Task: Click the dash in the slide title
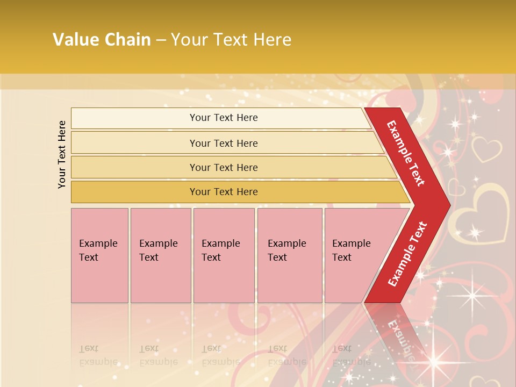tap(161, 40)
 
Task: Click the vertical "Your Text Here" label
tap(62, 154)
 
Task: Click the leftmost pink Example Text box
tap(99, 255)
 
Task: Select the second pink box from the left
tap(160, 255)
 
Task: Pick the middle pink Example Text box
tap(224, 255)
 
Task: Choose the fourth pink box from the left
tap(289, 255)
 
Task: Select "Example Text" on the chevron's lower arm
tap(407, 254)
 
